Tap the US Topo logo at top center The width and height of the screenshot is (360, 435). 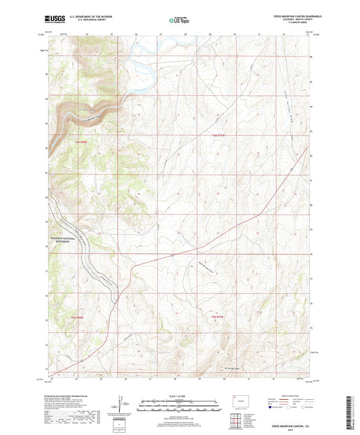click(179, 20)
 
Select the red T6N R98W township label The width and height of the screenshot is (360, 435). click(80, 141)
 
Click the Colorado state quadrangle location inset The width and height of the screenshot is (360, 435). click(240, 401)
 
